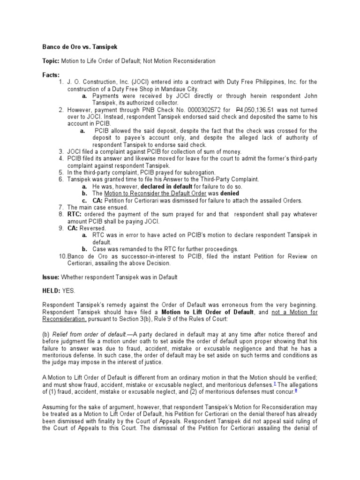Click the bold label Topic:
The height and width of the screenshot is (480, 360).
pyautogui.click(x=51, y=61)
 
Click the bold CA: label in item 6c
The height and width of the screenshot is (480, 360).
pyautogui.click(x=99, y=200)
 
